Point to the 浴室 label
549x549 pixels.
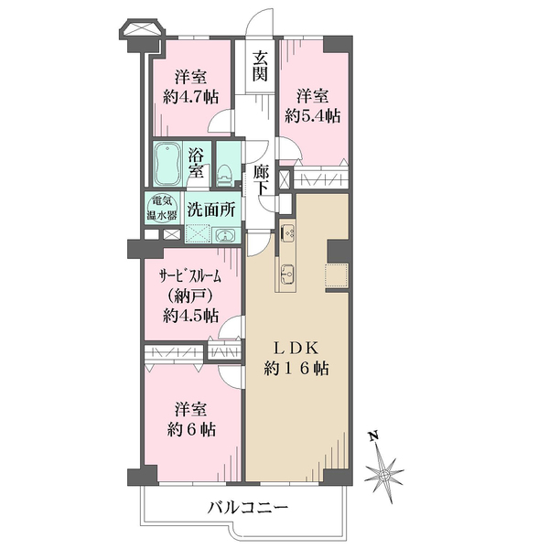pyautogui.click(x=197, y=162)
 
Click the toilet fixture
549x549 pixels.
pyautogui.click(x=224, y=169)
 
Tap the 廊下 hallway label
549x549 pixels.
pyautogui.click(x=261, y=177)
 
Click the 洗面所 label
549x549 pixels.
pyautogui.click(x=212, y=208)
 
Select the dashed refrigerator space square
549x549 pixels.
pyautogui.click(x=336, y=275)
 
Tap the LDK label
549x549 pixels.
pyautogui.click(x=294, y=349)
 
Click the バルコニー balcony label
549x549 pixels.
pyautogui.click(x=247, y=507)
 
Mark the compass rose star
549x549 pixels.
pyautogui.click(x=384, y=474)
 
